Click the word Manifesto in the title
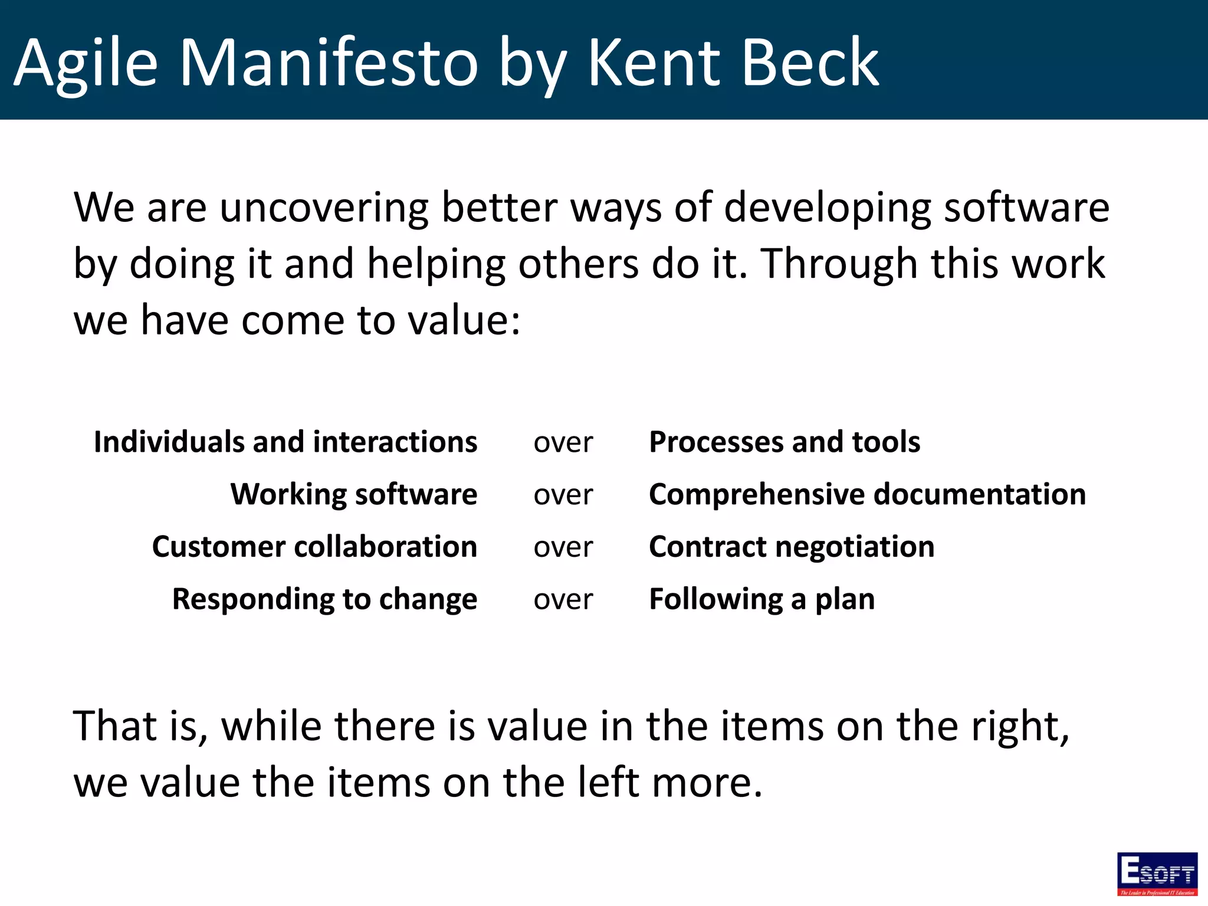coord(329,62)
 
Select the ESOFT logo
coord(1157,874)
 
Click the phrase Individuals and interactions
coord(285,442)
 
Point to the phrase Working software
coord(354,494)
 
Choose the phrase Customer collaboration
coord(314,547)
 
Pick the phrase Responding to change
coord(324,599)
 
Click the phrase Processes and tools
coord(784,442)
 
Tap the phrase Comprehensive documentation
coord(867,494)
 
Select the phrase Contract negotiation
coord(792,547)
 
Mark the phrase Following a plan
coord(761,599)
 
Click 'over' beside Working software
coord(563,495)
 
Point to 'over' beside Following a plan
coord(563,600)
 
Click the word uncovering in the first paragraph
coord(324,208)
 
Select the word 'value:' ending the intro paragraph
coord(465,320)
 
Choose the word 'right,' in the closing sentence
coord(1020,726)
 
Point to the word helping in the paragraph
coord(436,264)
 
